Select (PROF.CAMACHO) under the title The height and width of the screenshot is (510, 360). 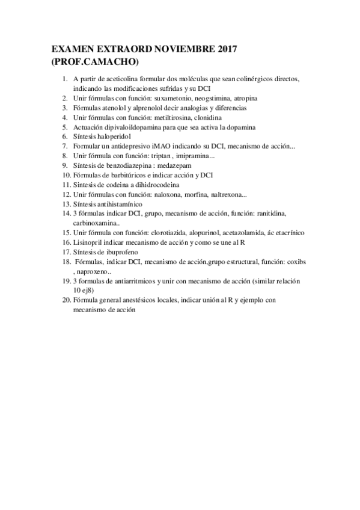point(95,61)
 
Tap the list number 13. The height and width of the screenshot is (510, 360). point(66,204)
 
